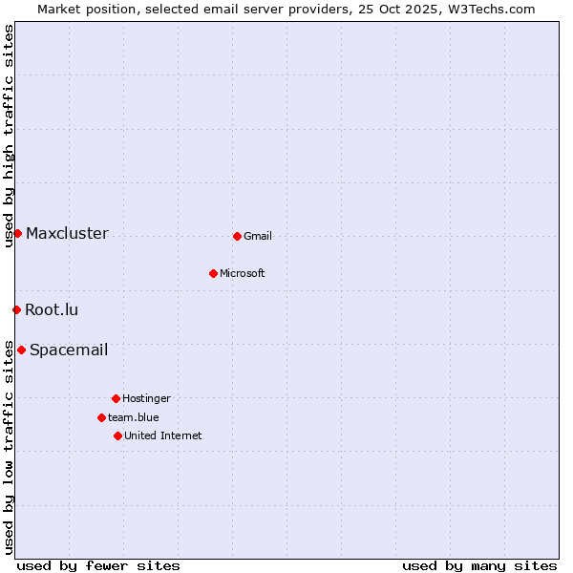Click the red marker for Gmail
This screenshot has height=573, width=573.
click(237, 236)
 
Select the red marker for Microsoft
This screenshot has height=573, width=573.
click(213, 273)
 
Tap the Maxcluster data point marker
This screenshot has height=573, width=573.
click(17, 233)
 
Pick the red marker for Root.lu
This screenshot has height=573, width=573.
click(16, 309)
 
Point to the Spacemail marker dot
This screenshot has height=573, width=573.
click(21, 350)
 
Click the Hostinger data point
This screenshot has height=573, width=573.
click(116, 398)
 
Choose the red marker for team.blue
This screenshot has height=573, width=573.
click(101, 417)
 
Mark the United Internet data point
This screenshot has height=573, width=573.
click(117, 435)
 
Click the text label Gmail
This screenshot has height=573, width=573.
click(258, 237)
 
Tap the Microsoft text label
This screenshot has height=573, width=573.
click(243, 274)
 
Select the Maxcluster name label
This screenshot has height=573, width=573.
click(67, 234)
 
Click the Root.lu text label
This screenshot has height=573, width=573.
click(52, 310)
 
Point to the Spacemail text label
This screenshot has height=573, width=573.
click(69, 350)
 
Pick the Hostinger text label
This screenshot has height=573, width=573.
click(146, 399)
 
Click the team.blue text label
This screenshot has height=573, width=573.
click(134, 418)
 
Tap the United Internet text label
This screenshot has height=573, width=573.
click(163, 436)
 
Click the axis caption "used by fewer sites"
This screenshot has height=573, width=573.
click(98, 565)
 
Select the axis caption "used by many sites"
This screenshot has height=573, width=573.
click(479, 565)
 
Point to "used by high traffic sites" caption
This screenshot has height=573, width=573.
click(9, 136)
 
